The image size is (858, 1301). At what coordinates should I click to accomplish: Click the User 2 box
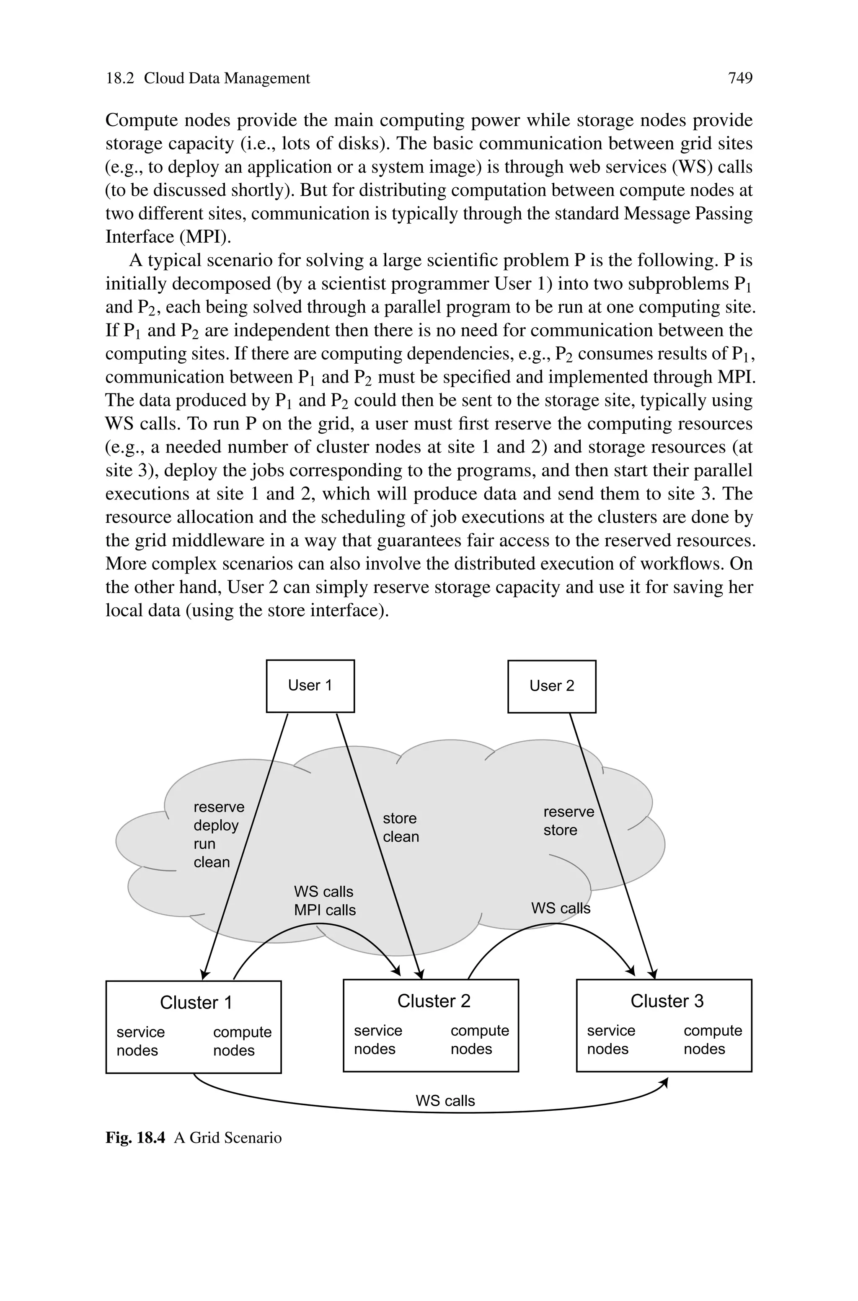click(552, 686)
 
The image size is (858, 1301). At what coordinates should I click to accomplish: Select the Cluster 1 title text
click(196, 1002)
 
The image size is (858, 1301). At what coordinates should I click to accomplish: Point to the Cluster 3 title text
click(667, 1001)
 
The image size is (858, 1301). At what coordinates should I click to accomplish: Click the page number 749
click(740, 78)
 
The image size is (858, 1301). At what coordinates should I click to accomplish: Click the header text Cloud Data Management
click(227, 78)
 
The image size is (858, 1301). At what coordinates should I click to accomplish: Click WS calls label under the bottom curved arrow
click(445, 1101)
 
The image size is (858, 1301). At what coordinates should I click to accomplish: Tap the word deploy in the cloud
click(216, 825)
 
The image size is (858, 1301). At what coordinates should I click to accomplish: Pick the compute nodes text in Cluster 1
click(242, 1041)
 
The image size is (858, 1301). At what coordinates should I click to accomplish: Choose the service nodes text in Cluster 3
click(611, 1040)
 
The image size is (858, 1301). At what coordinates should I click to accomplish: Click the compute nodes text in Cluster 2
click(479, 1040)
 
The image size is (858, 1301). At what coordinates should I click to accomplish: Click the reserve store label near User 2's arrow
click(568, 821)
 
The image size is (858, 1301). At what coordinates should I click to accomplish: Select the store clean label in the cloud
click(401, 827)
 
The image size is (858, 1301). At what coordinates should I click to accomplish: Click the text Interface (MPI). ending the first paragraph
click(168, 236)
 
